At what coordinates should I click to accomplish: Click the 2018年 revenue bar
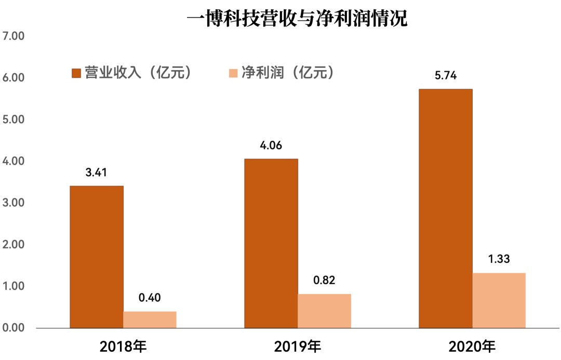point(97,257)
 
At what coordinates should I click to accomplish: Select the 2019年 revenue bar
point(271,243)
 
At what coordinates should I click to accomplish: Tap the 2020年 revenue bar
point(445,208)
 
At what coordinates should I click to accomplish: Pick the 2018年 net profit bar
point(150,319)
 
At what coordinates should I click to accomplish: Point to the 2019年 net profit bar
point(324,311)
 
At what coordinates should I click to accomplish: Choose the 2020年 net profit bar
point(499,300)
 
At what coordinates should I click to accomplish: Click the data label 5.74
point(445,76)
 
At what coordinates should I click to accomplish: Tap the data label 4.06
point(271,146)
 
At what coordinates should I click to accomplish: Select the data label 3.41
point(97,173)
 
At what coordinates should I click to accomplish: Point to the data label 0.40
point(150,298)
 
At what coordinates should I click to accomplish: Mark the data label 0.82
point(324,281)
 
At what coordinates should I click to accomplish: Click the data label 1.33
point(499,260)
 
